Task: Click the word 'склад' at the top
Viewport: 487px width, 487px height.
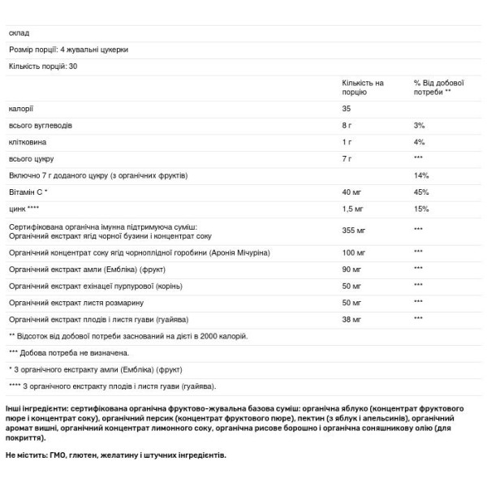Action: pos(19,32)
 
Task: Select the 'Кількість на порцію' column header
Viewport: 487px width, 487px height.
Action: pos(363,88)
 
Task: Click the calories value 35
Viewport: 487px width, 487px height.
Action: pos(347,108)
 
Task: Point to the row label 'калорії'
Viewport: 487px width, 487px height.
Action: pos(21,108)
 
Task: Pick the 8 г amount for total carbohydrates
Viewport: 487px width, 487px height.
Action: pos(347,125)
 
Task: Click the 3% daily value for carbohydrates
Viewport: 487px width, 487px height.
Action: pos(419,125)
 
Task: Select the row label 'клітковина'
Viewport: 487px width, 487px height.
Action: pos(27,142)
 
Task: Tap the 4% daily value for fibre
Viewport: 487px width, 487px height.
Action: pos(419,142)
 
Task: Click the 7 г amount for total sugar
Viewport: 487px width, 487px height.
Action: pos(347,158)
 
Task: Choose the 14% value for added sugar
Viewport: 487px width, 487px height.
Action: pos(420,175)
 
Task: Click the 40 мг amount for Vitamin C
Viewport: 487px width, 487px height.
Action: pos(351,192)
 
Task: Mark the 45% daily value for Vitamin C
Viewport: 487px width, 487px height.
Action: pos(420,192)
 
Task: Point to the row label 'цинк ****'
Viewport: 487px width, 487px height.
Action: pos(24,209)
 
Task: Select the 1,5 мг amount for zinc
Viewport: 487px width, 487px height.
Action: pos(353,209)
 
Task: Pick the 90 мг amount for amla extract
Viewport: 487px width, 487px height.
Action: pos(351,268)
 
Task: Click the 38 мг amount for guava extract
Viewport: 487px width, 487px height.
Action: pos(351,318)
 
